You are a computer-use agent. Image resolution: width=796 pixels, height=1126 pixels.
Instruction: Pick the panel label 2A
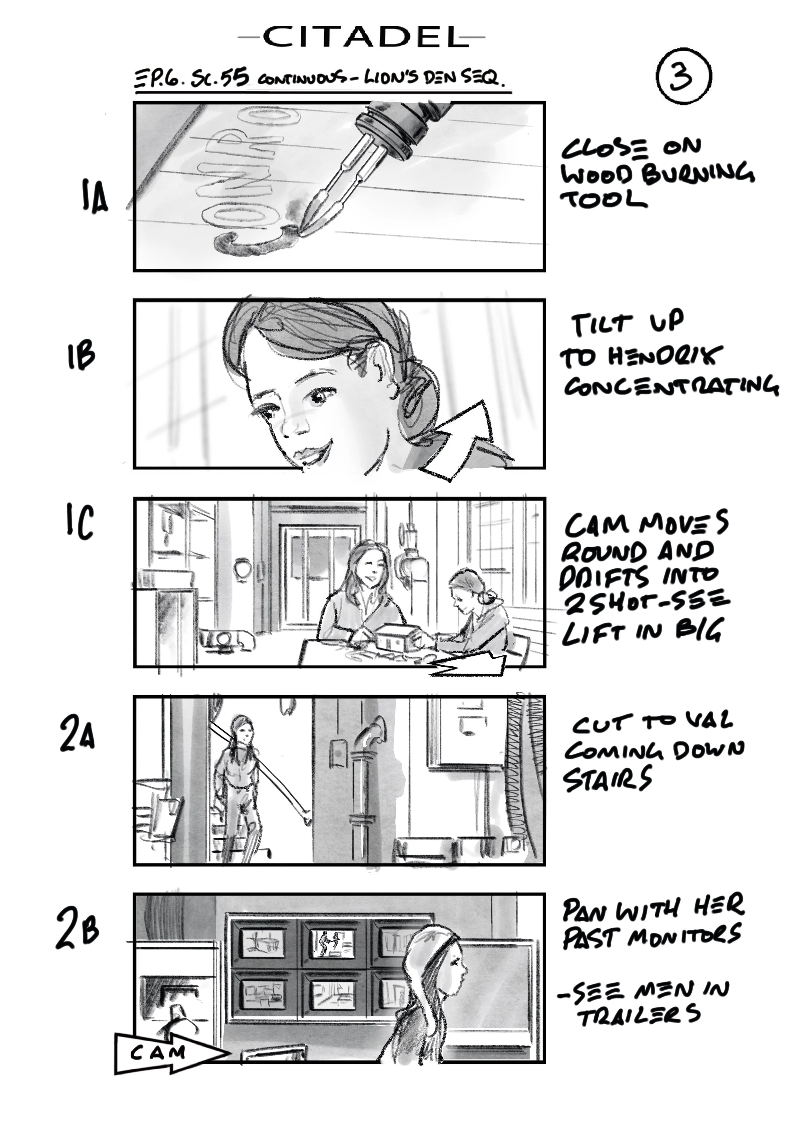pos(77,734)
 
